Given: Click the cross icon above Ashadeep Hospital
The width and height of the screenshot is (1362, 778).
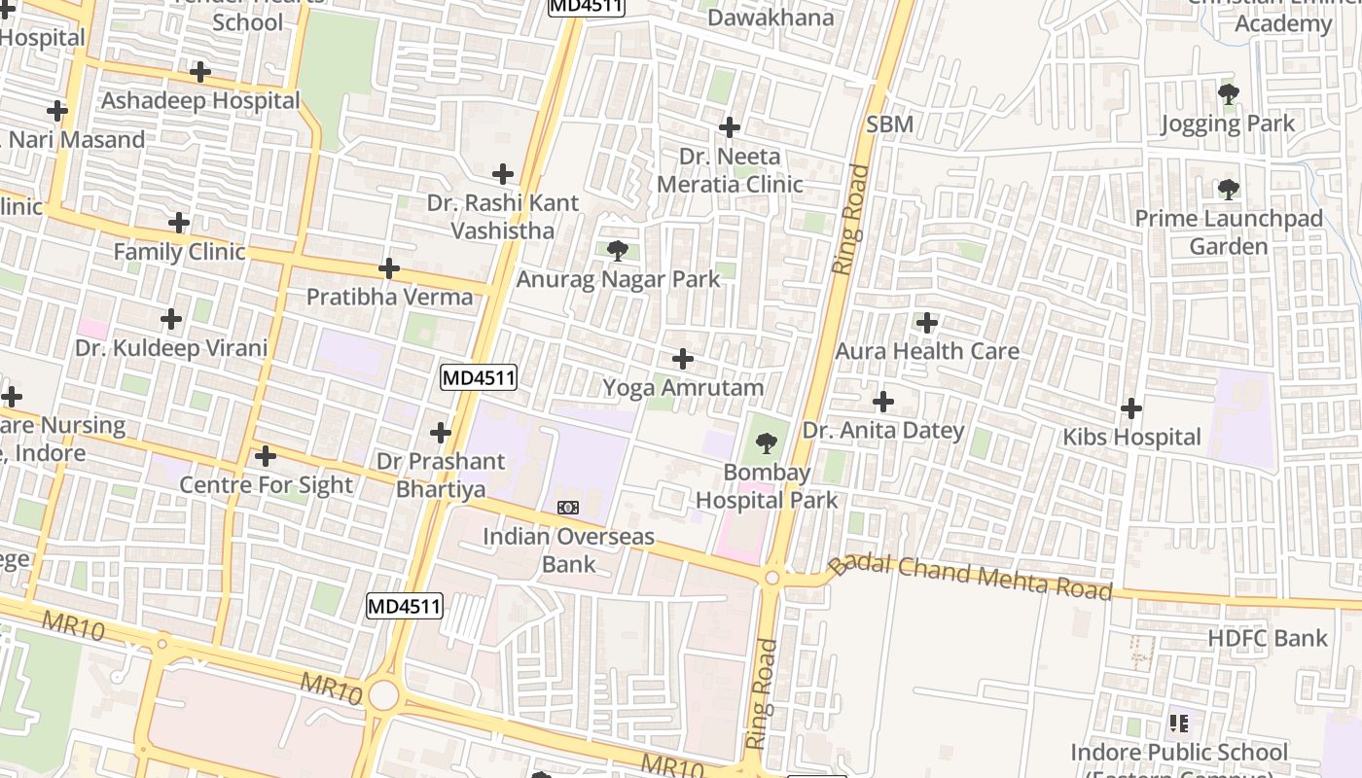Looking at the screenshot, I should pos(199,72).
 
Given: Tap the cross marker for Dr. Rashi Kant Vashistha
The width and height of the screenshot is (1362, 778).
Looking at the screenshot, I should pos(503,174).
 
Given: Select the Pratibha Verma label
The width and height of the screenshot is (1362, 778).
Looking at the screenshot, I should pos(389,297).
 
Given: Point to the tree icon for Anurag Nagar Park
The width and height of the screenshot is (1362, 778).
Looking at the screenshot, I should pos(617,251).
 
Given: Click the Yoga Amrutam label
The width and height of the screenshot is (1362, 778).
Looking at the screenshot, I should pos(683,388).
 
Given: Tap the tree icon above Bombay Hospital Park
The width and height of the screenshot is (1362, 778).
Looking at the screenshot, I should pos(767,444).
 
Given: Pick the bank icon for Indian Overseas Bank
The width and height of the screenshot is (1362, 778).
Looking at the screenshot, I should pos(568,508).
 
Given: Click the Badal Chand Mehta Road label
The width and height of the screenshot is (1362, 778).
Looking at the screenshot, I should pos(970,576).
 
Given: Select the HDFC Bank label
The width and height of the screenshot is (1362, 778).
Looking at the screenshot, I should pos(1267,639).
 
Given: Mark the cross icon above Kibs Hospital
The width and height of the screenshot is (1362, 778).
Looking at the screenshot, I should pos(1130,408).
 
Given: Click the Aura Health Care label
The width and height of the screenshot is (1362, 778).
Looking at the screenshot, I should pos(927,351).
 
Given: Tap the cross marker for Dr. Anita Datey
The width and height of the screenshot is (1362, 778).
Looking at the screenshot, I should pos(882,401).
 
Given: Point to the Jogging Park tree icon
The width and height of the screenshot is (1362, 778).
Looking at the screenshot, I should pos(1229,94).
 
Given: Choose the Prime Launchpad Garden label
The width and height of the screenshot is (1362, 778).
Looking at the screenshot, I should pos(1229,232).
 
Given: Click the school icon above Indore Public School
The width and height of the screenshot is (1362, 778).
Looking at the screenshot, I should pos(1179,723).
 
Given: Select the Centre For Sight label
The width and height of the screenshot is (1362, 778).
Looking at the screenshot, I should pos(266,485).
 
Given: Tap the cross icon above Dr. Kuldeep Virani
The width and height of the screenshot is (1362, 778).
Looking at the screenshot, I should pos(171,319).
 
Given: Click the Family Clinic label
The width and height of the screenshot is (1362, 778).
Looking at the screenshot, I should pos(179,252).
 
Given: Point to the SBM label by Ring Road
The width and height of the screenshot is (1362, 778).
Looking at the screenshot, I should pos(889,124).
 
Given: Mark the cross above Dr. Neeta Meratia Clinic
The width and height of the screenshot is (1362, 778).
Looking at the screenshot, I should pos(729,127).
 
